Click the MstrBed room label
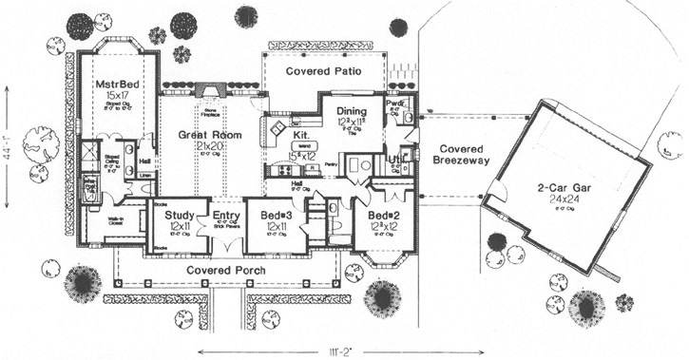tap(117, 84)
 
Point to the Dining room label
tap(357, 111)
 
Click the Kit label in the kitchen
tap(300, 122)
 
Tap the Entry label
tap(226, 216)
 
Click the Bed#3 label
tap(278, 216)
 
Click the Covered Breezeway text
tap(461, 156)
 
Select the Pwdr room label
tap(397, 103)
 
